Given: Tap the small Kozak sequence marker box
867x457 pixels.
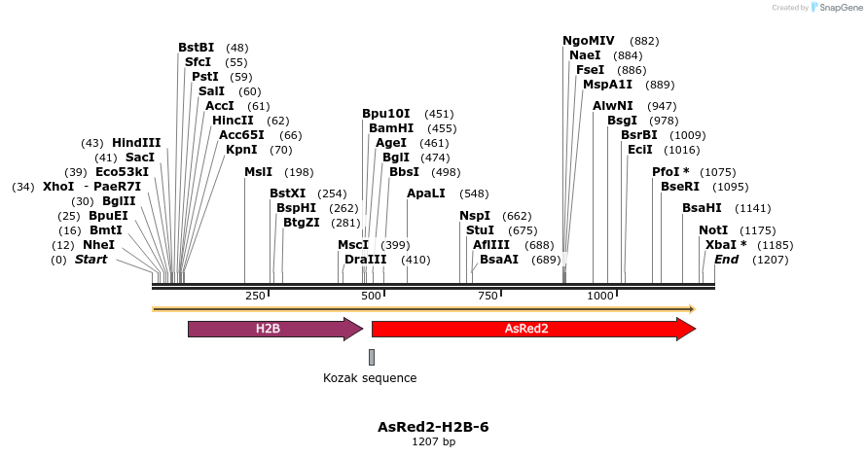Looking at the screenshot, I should tap(372, 357).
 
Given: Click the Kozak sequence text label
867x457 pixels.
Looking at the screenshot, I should tap(370, 378).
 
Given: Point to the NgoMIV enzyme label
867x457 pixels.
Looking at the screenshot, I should tap(589, 41).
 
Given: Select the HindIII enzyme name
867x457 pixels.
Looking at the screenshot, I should tap(136, 143).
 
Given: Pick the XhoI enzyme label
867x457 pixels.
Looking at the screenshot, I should tap(58, 187).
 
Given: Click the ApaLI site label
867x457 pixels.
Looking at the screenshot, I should tap(426, 193).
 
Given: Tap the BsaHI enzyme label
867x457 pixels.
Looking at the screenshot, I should tap(702, 208).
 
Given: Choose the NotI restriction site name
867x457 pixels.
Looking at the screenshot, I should tap(713, 230).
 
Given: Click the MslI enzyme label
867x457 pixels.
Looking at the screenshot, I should tap(259, 172).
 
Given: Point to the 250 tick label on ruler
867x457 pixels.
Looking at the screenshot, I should tap(255, 296).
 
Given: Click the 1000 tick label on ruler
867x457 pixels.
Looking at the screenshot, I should tap(600, 296).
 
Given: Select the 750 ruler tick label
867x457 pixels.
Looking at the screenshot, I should tap(486, 296).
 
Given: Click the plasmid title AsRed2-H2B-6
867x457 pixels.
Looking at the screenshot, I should tap(433, 427).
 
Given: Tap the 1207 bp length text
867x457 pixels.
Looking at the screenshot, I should tap(433, 442).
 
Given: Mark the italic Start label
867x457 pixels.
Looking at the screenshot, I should tap(91, 260).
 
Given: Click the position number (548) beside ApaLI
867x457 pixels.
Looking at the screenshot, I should tap(474, 193).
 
